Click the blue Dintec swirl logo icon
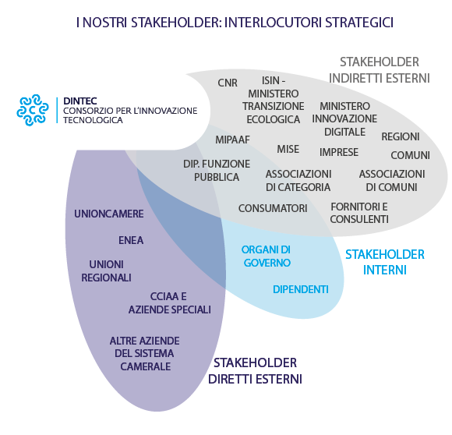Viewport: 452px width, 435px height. (33, 110)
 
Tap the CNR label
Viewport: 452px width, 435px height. (228, 83)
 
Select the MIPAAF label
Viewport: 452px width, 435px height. (233, 140)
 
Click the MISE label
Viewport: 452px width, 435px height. (288, 150)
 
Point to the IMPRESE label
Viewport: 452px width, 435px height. (339, 152)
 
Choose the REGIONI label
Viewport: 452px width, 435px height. (401, 136)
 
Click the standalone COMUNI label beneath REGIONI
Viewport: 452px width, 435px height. (410, 155)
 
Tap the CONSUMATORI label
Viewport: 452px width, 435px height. (273, 208)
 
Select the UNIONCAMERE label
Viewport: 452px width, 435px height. (108, 214)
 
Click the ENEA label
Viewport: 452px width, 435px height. (131, 240)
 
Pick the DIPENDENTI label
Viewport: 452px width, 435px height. (301, 289)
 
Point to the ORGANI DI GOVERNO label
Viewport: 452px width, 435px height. (266, 256)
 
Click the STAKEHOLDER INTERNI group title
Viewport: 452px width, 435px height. (385, 263)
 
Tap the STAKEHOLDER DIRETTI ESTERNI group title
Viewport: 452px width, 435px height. (255, 371)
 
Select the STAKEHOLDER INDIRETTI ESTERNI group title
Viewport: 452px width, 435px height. (380, 70)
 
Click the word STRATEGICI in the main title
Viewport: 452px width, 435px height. (359, 23)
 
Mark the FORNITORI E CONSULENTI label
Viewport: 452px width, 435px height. (359, 213)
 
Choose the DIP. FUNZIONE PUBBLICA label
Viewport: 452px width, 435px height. (217, 171)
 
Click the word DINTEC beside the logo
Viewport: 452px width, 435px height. (80, 101)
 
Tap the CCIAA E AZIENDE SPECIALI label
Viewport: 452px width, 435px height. (170, 303)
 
